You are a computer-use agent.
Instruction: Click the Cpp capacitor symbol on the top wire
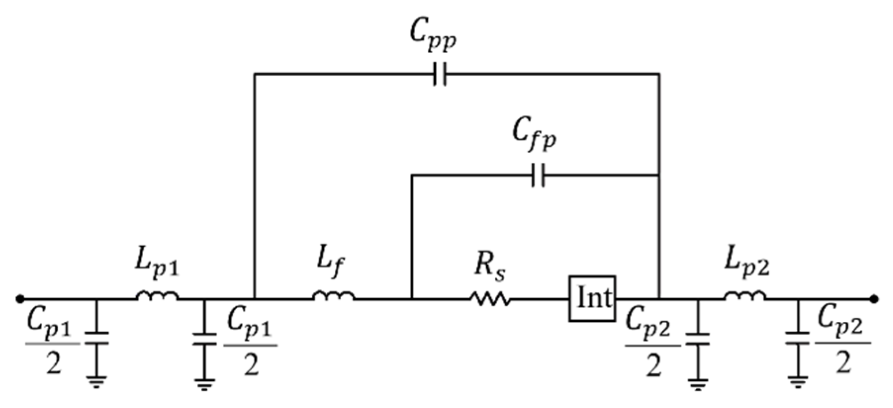coord(440,74)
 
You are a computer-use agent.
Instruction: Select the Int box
coord(592,298)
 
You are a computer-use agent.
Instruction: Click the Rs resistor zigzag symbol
coord(489,299)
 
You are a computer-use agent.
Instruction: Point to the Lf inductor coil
coord(334,297)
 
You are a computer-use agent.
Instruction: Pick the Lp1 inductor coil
coord(157,297)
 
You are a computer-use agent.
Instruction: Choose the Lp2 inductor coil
coord(745,297)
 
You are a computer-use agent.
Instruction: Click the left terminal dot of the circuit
coord(20,299)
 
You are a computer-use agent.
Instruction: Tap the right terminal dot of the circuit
coord(874,299)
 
